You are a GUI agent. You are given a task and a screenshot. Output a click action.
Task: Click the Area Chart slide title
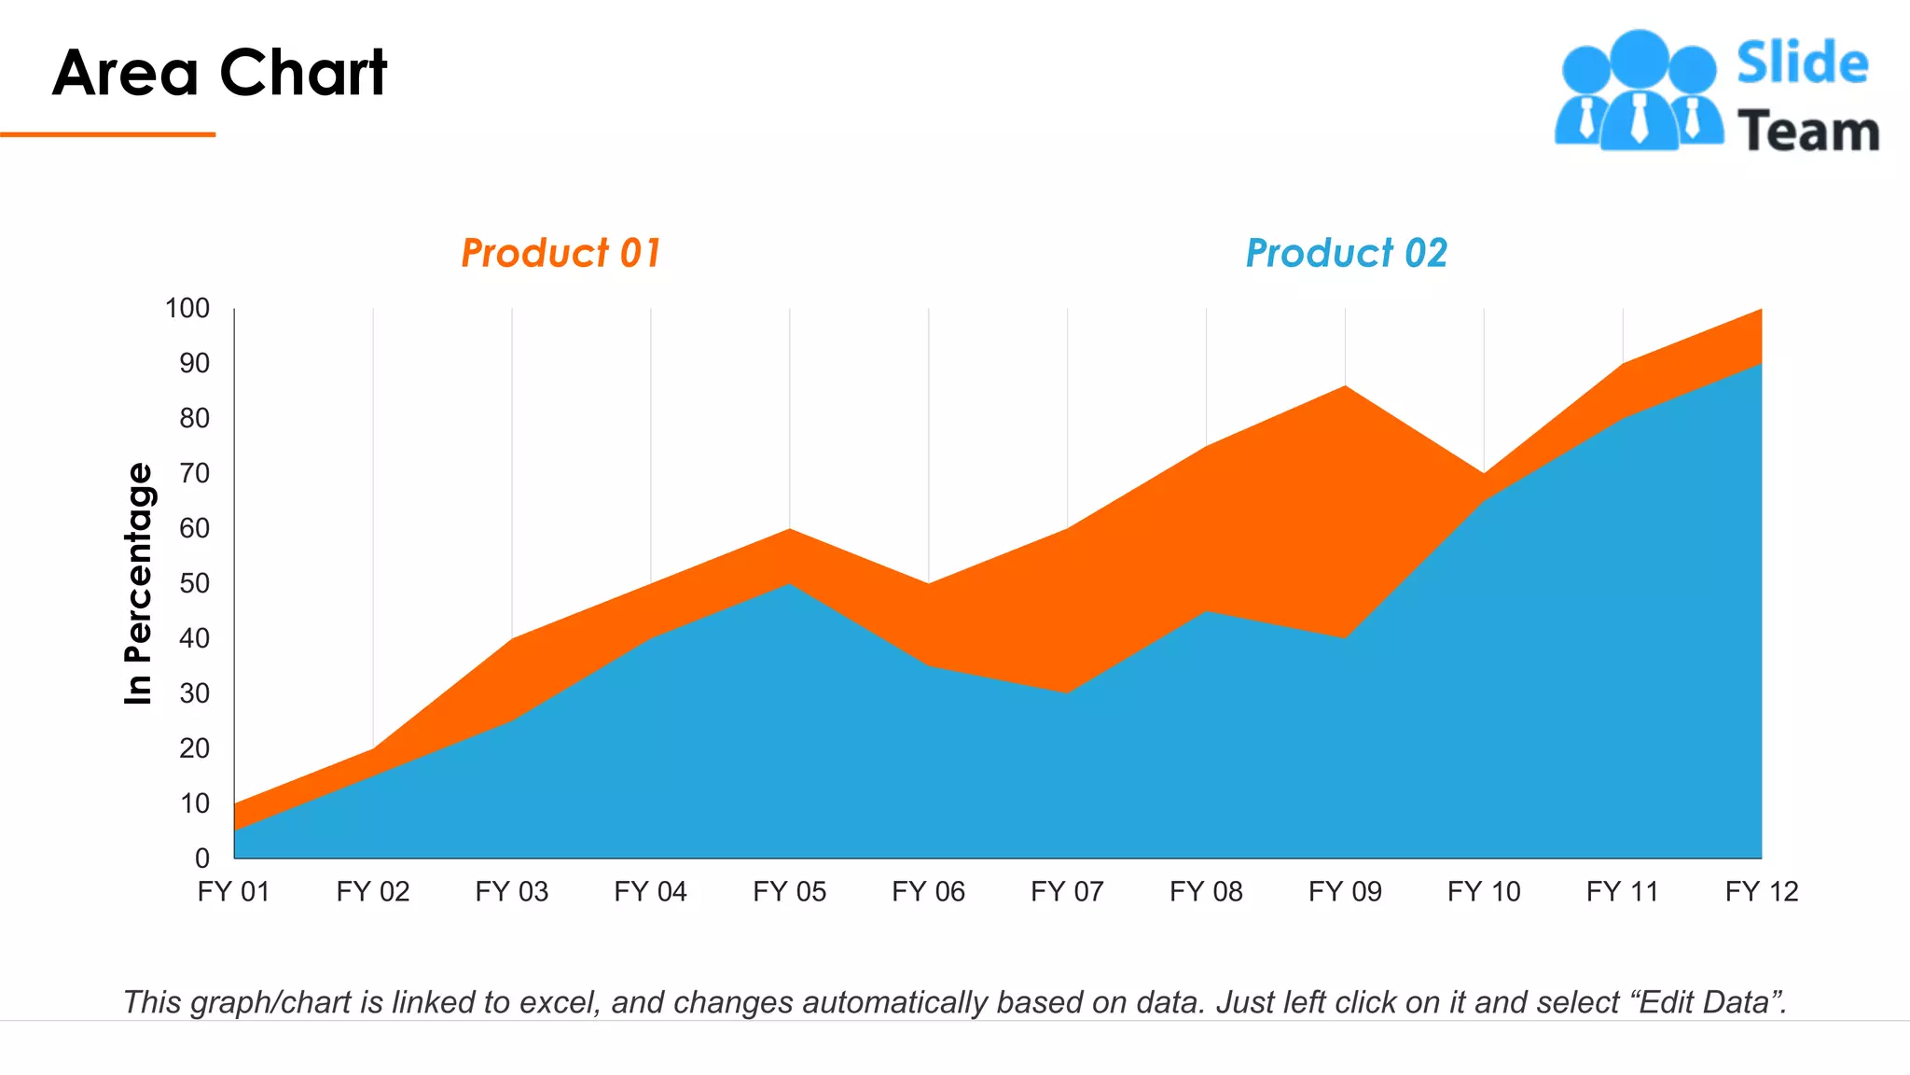[219, 73]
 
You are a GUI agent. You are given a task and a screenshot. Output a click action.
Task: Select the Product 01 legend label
[561, 253]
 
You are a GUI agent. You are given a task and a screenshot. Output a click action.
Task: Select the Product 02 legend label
[1346, 253]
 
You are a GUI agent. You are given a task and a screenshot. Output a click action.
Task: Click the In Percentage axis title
[138, 583]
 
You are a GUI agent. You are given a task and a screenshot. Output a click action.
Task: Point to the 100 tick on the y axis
[187, 309]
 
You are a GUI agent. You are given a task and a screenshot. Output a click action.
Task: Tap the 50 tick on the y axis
[194, 584]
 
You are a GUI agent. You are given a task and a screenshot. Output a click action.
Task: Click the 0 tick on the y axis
[201, 859]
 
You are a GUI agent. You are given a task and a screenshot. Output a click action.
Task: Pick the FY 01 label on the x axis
[233, 892]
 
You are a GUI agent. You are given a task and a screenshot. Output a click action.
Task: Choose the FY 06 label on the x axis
[928, 892]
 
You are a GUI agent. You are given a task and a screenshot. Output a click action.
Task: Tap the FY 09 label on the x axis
[1345, 892]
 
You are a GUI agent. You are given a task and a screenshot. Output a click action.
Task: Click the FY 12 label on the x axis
[1761, 892]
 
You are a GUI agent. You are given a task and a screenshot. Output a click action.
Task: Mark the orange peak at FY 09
[1345, 388]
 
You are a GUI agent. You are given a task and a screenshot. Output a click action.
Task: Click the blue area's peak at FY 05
[790, 586]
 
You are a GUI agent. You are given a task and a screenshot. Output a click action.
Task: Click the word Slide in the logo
[1802, 63]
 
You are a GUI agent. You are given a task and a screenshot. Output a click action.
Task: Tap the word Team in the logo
[1807, 131]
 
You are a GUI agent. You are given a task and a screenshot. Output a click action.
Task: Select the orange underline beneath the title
[107, 134]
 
